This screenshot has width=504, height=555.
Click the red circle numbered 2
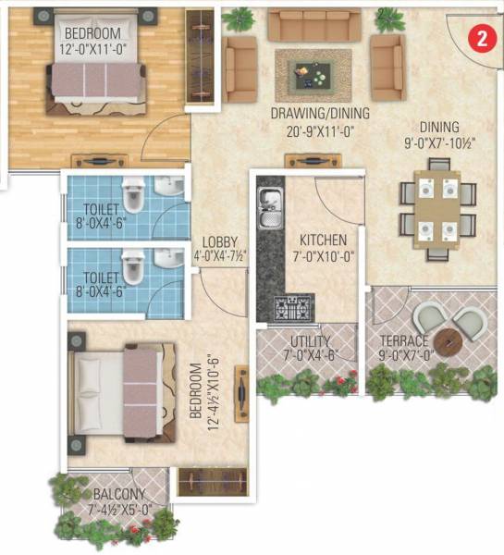click(478, 38)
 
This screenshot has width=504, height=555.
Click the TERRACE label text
click(402, 339)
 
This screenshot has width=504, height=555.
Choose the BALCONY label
click(116, 482)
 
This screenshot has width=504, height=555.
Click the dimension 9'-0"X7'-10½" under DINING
click(422, 143)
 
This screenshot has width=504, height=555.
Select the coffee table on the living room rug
click(313, 70)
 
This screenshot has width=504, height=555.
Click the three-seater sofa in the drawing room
click(313, 23)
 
